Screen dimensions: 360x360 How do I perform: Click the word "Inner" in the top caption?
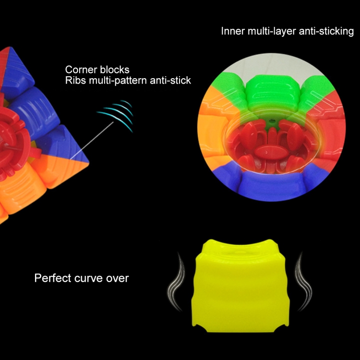[x=233, y=31]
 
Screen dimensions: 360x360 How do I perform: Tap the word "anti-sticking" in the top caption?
[x=326, y=31]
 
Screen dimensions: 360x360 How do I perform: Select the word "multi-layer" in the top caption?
[x=272, y=32]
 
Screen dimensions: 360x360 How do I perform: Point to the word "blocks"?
[x=115, y=70]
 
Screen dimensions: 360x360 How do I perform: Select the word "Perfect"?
[x=53, y=278]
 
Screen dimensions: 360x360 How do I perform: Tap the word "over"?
[x=117, y=279]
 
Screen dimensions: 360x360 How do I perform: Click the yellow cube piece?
[x=240, y=286]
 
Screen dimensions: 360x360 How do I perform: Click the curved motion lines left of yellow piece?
[x=176, y=282]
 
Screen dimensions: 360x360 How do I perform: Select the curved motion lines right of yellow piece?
[x=303, y=282]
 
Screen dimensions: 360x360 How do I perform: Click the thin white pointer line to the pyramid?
[x=92, y=140]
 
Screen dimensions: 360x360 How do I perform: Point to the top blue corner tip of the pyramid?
[x=10, y=48]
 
